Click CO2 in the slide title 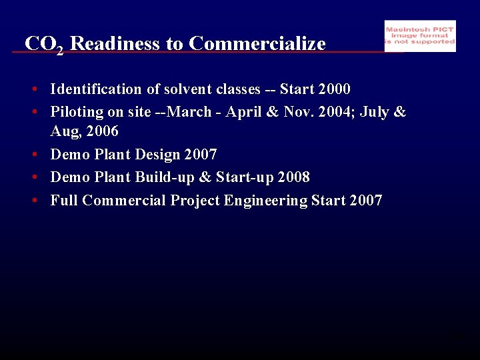44,45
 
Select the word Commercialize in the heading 257,44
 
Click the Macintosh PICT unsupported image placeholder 420,36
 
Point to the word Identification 96,89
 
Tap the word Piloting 77,112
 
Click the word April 245,112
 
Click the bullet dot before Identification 32,89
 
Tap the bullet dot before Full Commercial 32,201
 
